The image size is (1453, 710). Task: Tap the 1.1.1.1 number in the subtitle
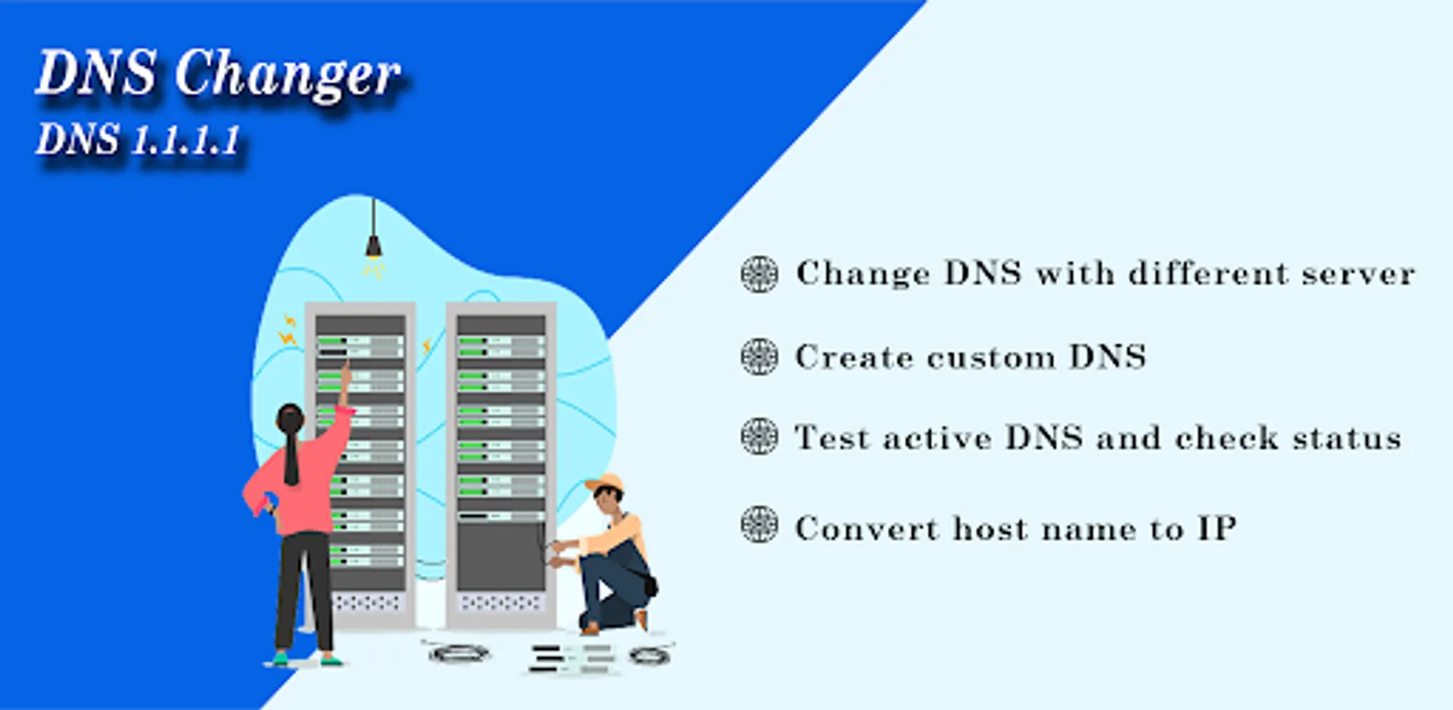click(x=185, y=141)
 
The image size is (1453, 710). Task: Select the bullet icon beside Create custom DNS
click(x=759, y=356)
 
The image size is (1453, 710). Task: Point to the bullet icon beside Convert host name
click(x=759, y=525)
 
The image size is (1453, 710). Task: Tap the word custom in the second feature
click(x=991, y=358)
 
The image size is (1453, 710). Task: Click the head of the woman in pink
click(x=290, y=420)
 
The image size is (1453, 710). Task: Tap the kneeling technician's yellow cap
click(x=605, y=483)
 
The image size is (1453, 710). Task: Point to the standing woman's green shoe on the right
click(x=332, y=660)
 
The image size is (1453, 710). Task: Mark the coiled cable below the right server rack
click(x=459, y=652)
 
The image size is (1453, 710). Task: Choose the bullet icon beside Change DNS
click(x=759, y=274)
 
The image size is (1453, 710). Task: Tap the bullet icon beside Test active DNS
click(x=759, y=436)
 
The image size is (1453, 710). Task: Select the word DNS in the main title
click(x=95, y=73)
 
